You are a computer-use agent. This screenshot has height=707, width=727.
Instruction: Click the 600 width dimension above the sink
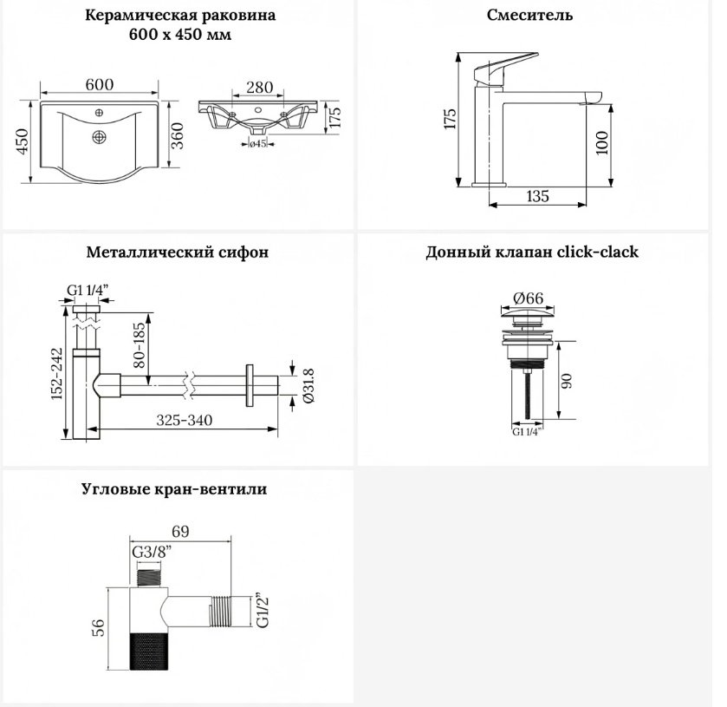100,84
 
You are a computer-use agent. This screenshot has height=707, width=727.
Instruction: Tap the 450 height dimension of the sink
23,141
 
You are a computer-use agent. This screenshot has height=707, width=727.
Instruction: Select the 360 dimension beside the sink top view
178,135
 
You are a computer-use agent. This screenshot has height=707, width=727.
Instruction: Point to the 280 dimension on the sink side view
259,88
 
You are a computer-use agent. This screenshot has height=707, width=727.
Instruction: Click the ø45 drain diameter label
258,144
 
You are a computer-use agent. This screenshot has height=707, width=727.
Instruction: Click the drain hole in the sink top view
100,137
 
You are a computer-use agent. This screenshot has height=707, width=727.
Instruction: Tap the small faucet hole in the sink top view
99,113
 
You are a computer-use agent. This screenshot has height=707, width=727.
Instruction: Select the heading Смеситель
529,15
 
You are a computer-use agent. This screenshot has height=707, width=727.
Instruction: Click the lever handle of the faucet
505,69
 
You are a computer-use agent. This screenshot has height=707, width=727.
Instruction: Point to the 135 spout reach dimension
538,196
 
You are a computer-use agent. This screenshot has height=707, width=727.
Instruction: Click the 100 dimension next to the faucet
601,143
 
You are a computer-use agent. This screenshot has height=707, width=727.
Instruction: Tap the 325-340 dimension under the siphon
184,420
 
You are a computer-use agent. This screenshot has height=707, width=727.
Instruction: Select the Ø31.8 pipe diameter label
308,385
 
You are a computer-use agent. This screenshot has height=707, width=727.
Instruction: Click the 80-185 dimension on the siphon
140,345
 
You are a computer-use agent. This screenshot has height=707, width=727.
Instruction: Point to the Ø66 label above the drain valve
528,298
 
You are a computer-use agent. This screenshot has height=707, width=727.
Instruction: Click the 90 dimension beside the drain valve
567,381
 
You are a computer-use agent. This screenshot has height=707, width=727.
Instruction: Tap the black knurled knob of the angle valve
149,651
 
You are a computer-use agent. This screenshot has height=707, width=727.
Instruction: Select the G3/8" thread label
152,552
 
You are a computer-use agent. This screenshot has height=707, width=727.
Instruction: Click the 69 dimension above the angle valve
180,532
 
